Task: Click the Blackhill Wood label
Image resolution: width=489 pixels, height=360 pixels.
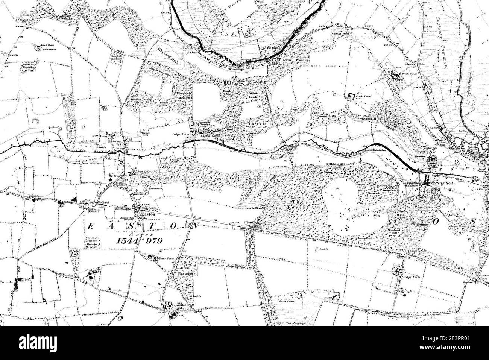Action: [293, 60]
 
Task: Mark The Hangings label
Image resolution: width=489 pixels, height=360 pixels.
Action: [295, 323]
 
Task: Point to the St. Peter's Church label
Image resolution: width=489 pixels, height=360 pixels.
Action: [99, 203]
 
